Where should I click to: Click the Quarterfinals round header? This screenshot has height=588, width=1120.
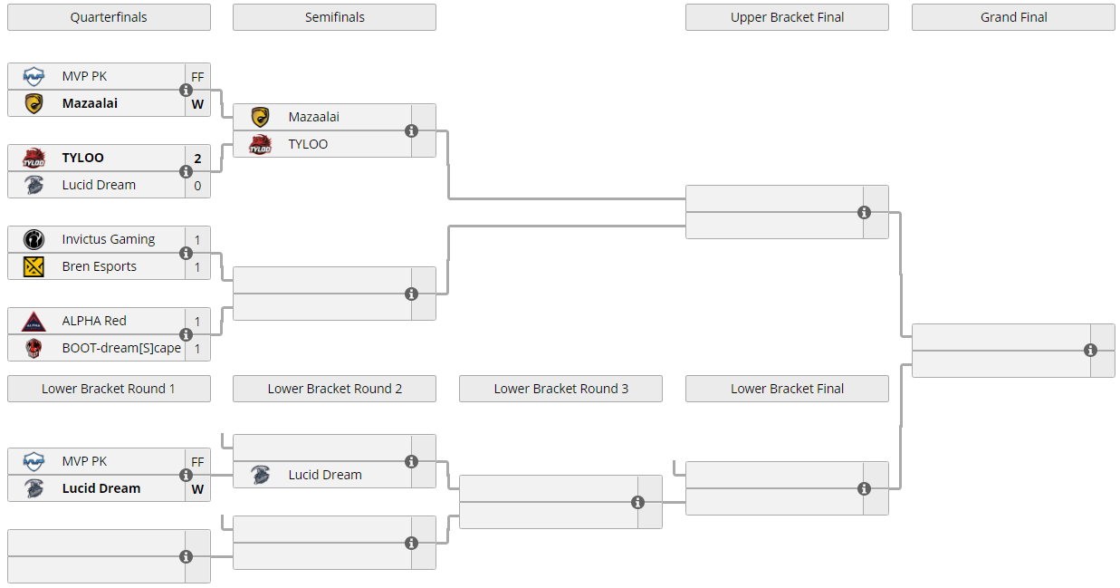[109, 17]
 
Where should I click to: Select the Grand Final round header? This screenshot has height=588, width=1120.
[1013, 17]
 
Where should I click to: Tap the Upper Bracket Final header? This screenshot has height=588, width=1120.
[787, 17]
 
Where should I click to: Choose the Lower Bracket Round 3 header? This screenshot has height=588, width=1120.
[560, 389]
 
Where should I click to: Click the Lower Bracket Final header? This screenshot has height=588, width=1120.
[787, 389]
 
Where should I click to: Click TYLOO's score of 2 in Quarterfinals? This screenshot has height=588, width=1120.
[197, 159]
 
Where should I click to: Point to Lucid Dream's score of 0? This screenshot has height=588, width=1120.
[197, 186]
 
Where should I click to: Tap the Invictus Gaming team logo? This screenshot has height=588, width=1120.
[34, 239]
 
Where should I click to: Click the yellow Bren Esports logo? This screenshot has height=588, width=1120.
[34, 266]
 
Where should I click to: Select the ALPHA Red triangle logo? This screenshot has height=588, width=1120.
[34, 322]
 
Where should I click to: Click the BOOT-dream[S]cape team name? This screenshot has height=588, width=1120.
[121, 348]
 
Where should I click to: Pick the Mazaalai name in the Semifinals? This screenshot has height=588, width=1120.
[314, 117]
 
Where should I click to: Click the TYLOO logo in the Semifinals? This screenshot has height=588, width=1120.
[260, 144]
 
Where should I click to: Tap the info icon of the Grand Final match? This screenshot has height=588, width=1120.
[1090, 351]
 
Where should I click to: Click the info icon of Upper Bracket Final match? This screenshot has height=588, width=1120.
[864, 213]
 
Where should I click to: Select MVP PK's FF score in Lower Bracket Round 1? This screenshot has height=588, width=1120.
[197, 462]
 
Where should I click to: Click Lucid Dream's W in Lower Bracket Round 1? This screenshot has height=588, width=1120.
[197, 489]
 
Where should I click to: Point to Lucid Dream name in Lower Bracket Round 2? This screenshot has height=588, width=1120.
[325, 475]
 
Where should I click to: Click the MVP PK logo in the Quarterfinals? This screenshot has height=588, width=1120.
[34, 77]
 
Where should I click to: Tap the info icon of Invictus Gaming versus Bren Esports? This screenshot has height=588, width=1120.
[186, 253]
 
